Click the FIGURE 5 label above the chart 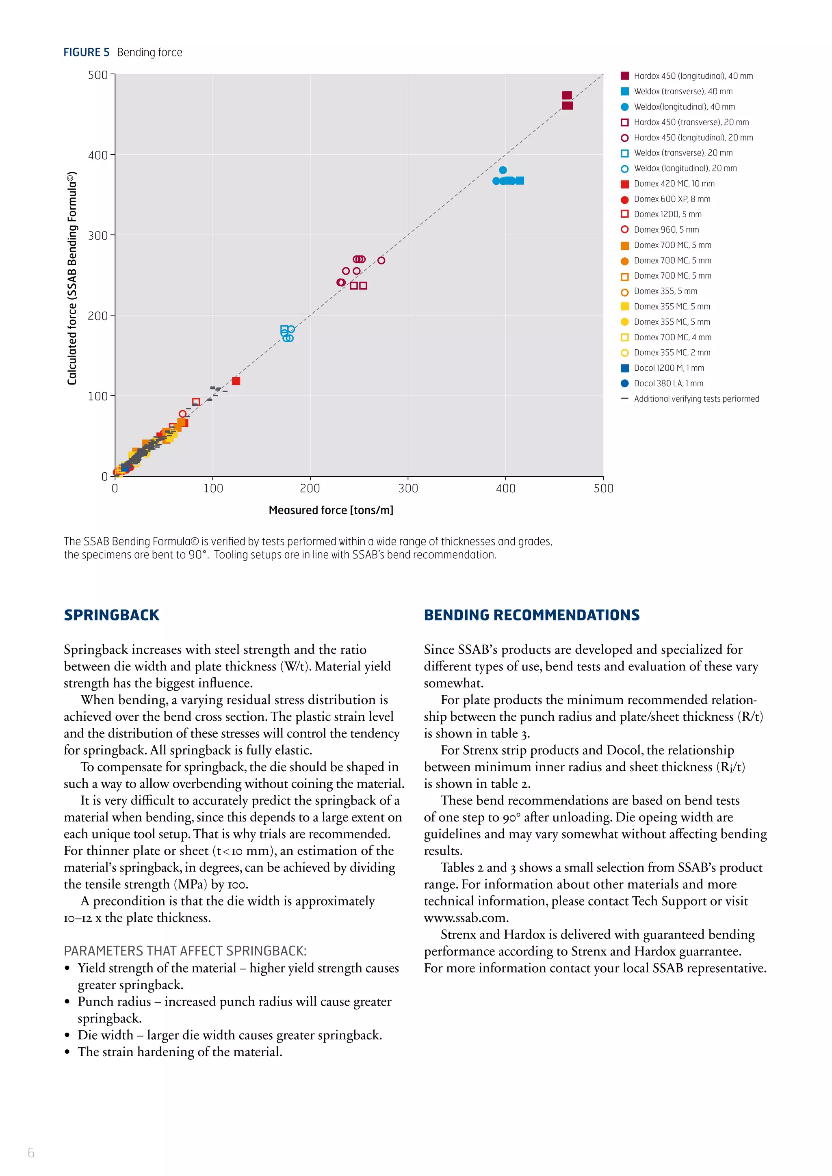pyautogui.click(x=86, y=52)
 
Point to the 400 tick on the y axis pyautogui.click(x=98, y=155)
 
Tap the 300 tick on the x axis pyautogui.click(x=408, y=488)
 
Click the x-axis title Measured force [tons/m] pyautogui.click(x=331, y=510)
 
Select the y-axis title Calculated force pyautogui.click(x=72, y=278)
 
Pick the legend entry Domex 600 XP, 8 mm pyautogui.click(x=672, y=199)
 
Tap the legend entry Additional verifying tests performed pyautogui.click(x=696, y=398)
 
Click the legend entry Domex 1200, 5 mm pyautogui.click(x=667, y=214)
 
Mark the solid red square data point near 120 pyautogui.click(x=236, y=381)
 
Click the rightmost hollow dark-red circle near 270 pyautogui.click(x=381, y=260)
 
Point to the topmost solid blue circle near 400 pyautogui.click(x=503, y=170)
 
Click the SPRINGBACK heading pyautogui.click(x=112, y=615)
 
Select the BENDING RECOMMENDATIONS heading pyautogui.click(x=531, y=615)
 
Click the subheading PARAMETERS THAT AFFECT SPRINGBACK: pyautogui.click(x=185, y=951)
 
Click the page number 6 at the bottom pyautogui.click(x=31, y=1152)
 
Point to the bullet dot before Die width pyautogui.click(x=67, y=1035)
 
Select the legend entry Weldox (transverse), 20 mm pyautogui.click(x=682, y=153)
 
